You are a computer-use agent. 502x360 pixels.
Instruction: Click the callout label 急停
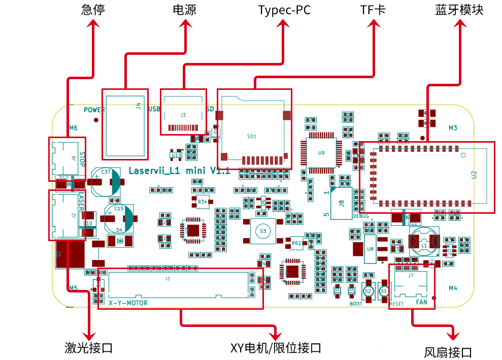(93, 10)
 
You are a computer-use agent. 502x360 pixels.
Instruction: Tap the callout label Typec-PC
(284, 10)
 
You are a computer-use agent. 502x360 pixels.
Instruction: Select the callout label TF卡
(373, 10)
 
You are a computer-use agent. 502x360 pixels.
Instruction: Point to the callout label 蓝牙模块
(459, 10)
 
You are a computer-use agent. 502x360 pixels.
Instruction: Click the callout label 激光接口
(88, 348)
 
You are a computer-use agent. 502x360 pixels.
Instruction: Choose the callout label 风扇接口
(448, 352)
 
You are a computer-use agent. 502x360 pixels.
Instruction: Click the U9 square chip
(321, 152)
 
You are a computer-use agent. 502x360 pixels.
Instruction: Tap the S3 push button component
(262, 231)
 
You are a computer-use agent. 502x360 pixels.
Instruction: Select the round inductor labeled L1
(424, 244)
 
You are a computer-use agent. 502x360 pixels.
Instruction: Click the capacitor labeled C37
(106, 182)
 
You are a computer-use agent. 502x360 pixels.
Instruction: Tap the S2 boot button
(369, 291)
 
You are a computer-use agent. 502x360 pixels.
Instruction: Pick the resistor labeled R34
(203, 202)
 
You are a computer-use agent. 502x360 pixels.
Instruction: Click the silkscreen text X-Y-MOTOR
(128, 303)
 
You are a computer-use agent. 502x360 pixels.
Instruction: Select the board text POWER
(94, 110)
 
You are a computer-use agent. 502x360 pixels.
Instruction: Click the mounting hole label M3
(453, 128)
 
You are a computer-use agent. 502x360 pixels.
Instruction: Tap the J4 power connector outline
(125, 123)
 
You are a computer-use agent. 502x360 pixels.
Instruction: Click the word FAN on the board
(422, 302)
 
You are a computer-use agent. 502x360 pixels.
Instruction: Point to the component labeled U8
(370, 249)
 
